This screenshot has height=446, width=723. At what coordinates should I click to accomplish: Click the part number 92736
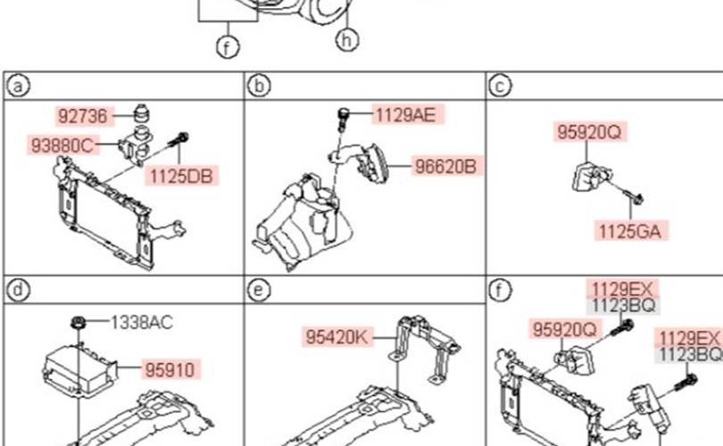coord(83,116)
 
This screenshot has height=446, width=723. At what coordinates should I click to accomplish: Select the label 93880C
coord(62,145)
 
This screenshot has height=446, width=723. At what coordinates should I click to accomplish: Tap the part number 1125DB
coord(181,176)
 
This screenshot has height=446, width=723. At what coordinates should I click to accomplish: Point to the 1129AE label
coord(406,115)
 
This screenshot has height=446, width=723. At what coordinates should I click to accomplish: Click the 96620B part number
coord(445,166)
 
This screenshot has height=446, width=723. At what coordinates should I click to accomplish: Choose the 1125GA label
coord(630,231)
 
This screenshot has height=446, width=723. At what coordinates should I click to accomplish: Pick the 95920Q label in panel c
coord(589,132)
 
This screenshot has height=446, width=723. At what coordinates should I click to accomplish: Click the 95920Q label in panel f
coord(565,329)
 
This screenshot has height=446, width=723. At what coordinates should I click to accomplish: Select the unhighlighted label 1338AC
coord(142,323)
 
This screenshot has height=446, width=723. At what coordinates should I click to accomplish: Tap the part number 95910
coord(170,369)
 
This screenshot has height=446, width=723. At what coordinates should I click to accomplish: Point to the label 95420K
coord(337,337)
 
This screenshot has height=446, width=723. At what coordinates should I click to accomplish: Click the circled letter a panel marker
coord(18,86)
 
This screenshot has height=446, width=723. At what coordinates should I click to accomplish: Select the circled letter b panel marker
coord(259,86)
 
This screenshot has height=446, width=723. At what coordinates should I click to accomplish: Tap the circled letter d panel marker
coord(18,290)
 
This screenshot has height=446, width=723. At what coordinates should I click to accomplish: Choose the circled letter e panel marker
coord(259,290)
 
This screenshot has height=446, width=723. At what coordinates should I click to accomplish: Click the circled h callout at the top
coord(348,40)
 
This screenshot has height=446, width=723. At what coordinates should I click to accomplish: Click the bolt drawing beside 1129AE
coord(343,119)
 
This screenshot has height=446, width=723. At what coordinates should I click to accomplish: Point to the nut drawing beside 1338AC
coord(79,323)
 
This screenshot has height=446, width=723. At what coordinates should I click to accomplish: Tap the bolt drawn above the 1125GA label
coord(635,197)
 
